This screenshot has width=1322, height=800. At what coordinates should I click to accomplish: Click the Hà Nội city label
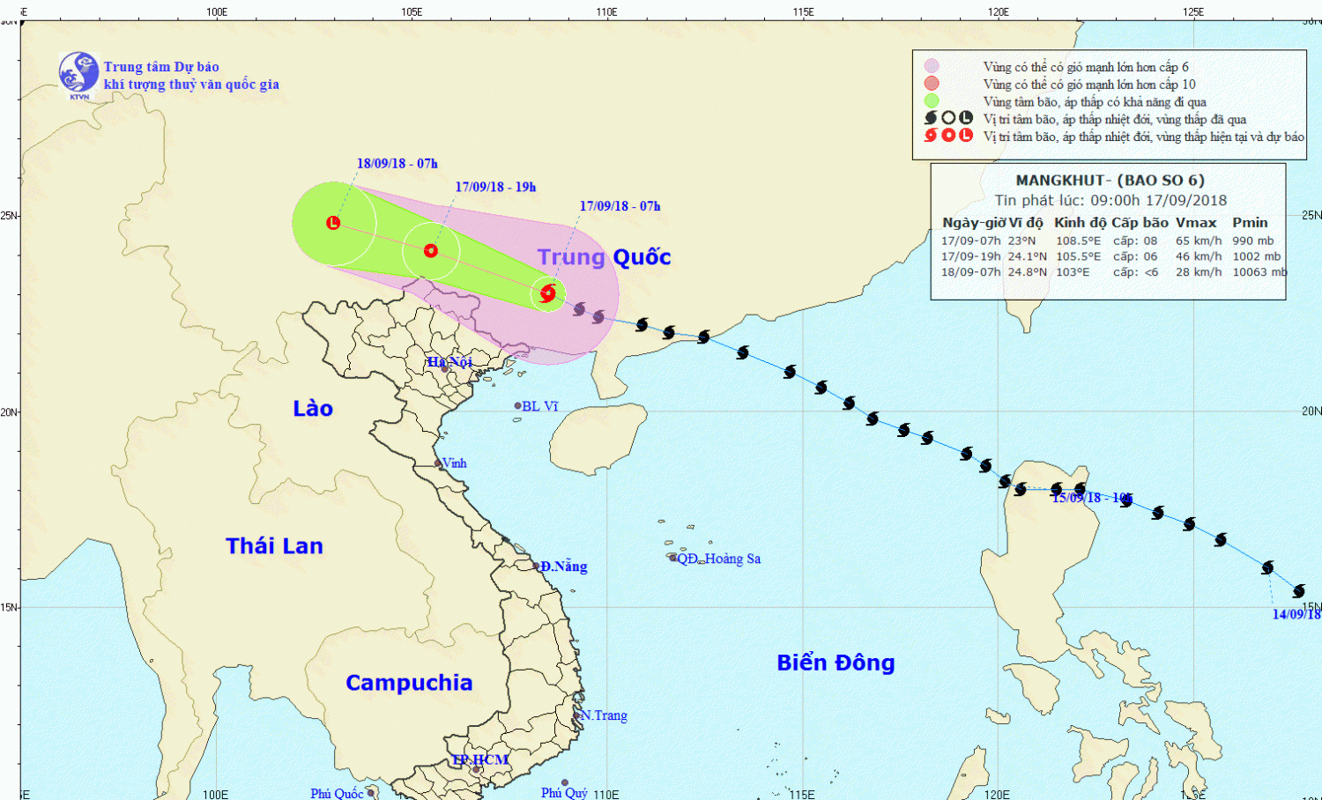449,362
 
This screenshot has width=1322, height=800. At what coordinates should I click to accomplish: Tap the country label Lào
313,409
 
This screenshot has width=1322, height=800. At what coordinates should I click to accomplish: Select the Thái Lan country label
274,546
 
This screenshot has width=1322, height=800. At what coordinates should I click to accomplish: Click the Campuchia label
409,683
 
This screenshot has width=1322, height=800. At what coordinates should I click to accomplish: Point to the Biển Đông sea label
836,663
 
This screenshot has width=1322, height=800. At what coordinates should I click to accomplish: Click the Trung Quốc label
604,257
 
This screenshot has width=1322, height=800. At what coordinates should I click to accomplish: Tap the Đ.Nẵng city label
563,567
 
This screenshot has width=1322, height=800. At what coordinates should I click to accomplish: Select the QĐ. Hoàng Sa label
718,559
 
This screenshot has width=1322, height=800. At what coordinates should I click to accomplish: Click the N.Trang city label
605,715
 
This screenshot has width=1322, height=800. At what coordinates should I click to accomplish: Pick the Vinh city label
454,463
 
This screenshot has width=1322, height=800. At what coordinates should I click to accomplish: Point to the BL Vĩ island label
539,406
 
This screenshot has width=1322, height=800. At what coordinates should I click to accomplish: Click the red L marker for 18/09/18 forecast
333,223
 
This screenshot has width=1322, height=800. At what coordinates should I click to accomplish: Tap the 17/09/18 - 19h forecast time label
495,187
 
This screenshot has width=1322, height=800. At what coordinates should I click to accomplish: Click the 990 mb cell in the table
1252,241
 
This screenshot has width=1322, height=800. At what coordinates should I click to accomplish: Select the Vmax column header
1196,223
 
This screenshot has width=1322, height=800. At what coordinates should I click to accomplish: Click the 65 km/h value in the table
1199,241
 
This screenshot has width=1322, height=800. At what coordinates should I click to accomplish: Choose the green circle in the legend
932,101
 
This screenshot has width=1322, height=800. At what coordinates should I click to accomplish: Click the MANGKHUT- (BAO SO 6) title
1110,181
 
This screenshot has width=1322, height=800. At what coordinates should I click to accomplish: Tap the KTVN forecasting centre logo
78,74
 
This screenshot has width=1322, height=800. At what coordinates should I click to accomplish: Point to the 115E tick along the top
803,12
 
